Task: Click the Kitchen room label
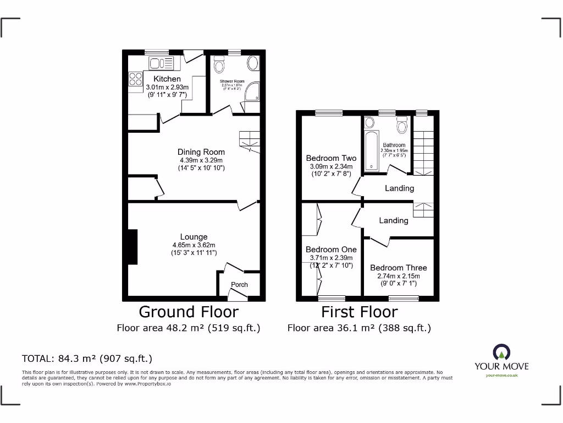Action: coord(167,79)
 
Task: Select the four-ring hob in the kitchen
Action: coord(135,79)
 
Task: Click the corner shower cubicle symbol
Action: coord(252,93)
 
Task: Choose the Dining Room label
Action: coord(201,152)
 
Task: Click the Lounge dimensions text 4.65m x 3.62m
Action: coord(193,245)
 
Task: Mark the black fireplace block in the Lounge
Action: coord(132,246)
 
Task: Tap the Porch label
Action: coord(239,285)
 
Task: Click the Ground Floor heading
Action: coord(189,312)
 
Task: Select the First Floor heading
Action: coord(359,312)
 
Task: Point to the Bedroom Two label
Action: coord(331,158)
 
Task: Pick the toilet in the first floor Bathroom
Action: coord(402,126)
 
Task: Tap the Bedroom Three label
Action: coord(398,268)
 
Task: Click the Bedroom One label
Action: coord(331,250)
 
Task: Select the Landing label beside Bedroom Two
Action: coord(399,188)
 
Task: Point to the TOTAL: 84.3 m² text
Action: coord(86,359)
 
